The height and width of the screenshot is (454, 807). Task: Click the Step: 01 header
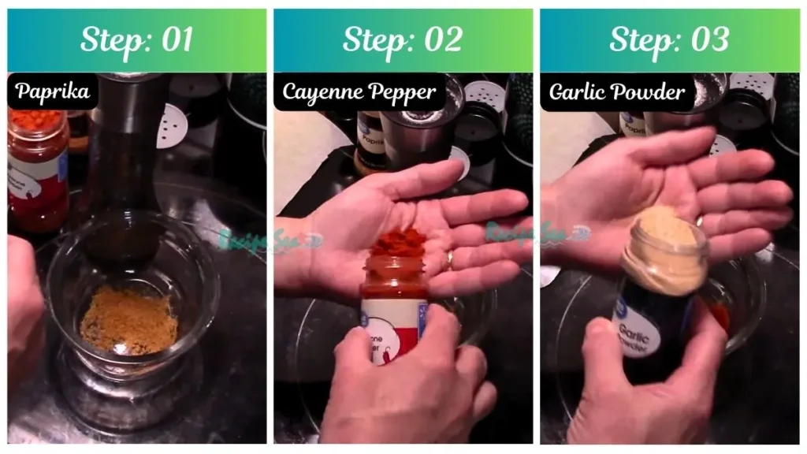pos(136,40)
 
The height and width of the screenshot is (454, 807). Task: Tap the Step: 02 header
pos(403,40)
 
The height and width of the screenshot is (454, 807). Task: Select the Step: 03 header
pos(669,40)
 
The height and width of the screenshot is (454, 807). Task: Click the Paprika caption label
pos(53,92)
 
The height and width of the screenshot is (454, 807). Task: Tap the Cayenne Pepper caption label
pos(359,92)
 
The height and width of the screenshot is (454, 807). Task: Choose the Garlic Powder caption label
pos(617,92)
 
